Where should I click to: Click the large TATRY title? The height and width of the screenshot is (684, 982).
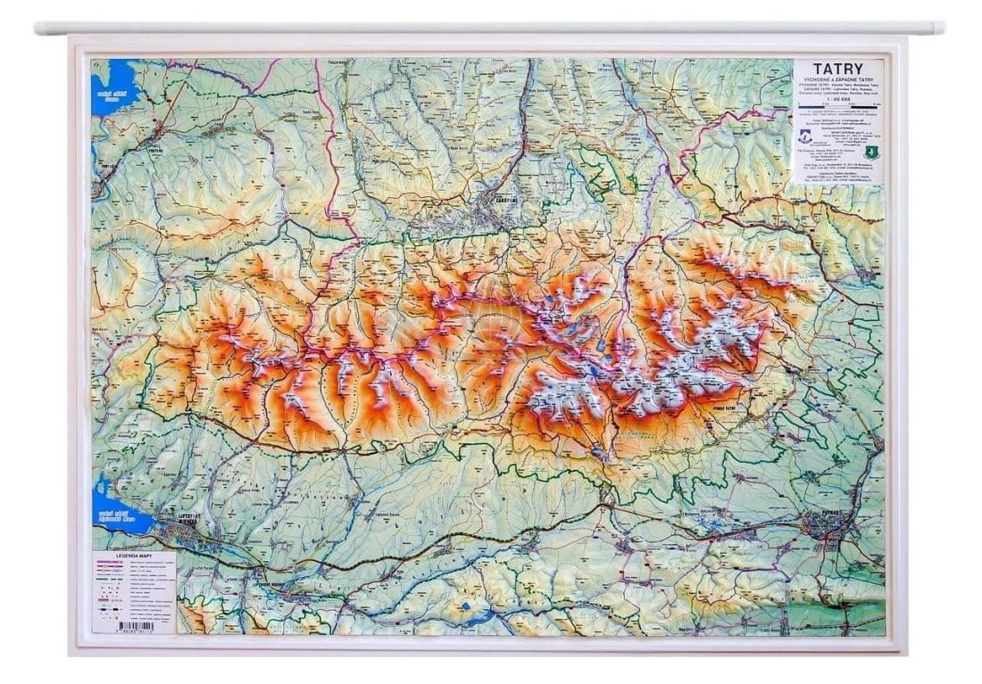click(839, 69)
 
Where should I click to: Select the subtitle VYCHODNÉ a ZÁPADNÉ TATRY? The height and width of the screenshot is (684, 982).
click(839, 79)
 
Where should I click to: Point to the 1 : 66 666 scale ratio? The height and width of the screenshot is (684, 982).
click(838, 99)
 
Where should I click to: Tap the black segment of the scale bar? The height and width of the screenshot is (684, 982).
click(858, 105)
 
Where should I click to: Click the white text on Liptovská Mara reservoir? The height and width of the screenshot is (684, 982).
click(116, 518)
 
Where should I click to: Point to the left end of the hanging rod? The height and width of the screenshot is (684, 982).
click(38, 29)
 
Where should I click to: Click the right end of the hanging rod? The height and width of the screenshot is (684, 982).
click(941, 29)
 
